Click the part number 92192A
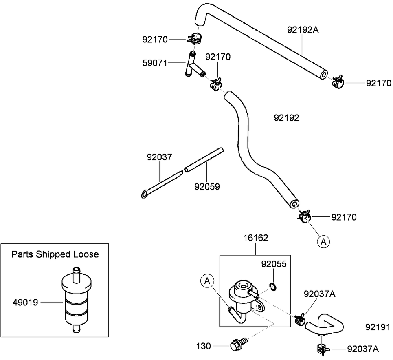coord(302,29)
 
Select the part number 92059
coord(207,187)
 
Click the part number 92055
coord(274,264)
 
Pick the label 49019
coord(25,303)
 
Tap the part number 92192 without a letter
coord(286,118)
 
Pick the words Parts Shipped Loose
coord(55,254)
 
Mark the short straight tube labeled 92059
coord(204,159)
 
